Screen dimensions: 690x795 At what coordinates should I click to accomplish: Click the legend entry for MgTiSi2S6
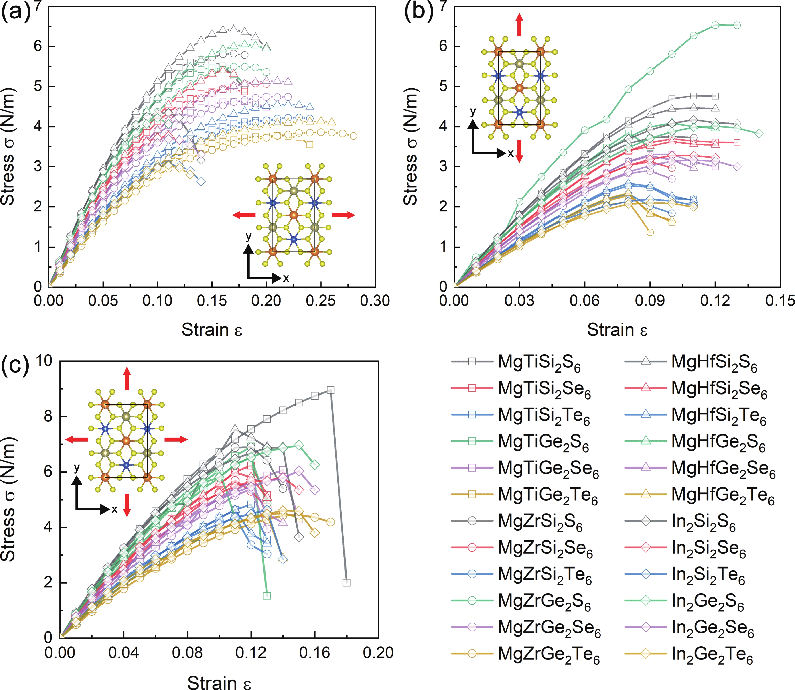pos(539,363)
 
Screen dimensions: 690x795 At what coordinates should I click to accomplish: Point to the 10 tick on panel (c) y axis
pos(44,361)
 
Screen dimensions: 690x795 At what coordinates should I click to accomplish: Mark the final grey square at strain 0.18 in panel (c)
pos(346,583)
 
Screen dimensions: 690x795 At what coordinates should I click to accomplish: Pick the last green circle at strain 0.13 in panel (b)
pos(737,26)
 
